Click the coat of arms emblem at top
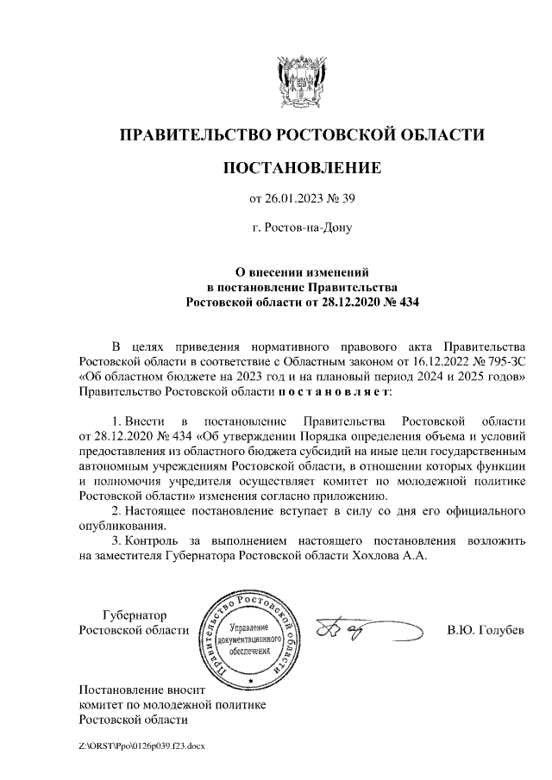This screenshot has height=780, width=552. point(301,80)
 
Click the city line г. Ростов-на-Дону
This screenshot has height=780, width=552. point(301,229)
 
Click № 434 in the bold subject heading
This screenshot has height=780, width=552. point(394,303)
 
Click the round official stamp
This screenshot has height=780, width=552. point(249,639)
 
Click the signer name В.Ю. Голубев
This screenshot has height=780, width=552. point(485,631)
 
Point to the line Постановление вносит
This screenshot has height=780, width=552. point(139,690)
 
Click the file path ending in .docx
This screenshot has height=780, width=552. point(141,744)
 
